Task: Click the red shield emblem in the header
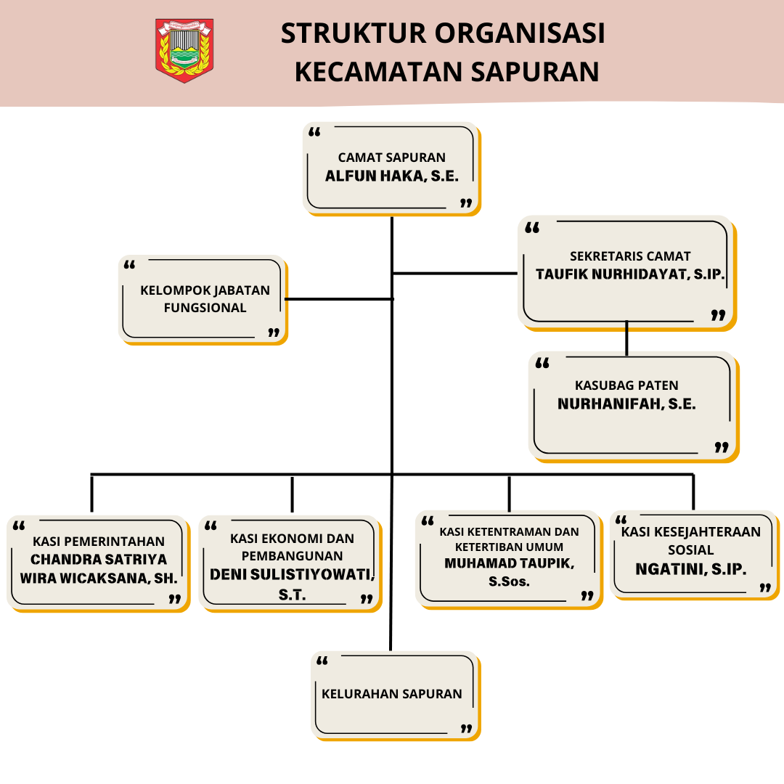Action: click(184, 51)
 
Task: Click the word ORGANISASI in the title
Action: click(520, 33)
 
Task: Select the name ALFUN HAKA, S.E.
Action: click(391, 176)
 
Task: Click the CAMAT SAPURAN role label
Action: click(391, 158)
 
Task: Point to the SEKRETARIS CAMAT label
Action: click(630, 256)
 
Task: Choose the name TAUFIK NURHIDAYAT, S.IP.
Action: click(630, 274)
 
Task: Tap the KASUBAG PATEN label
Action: click(626, 385)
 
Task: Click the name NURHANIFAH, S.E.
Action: click(626, 404)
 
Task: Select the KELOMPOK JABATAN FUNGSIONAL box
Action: click(203, 300)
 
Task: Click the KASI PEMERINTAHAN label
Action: click(99, 542)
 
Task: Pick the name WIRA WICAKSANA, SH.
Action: click(99, 579)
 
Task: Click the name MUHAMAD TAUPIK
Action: click(509, 563)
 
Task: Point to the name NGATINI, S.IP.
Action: click(690, 569)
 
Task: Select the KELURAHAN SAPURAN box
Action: click(396, 696)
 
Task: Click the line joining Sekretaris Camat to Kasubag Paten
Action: click(626, 338)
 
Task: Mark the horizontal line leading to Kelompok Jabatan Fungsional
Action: click(339, 299)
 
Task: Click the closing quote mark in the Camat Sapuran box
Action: click(466, 203)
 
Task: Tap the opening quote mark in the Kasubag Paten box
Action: click(542, 363)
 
